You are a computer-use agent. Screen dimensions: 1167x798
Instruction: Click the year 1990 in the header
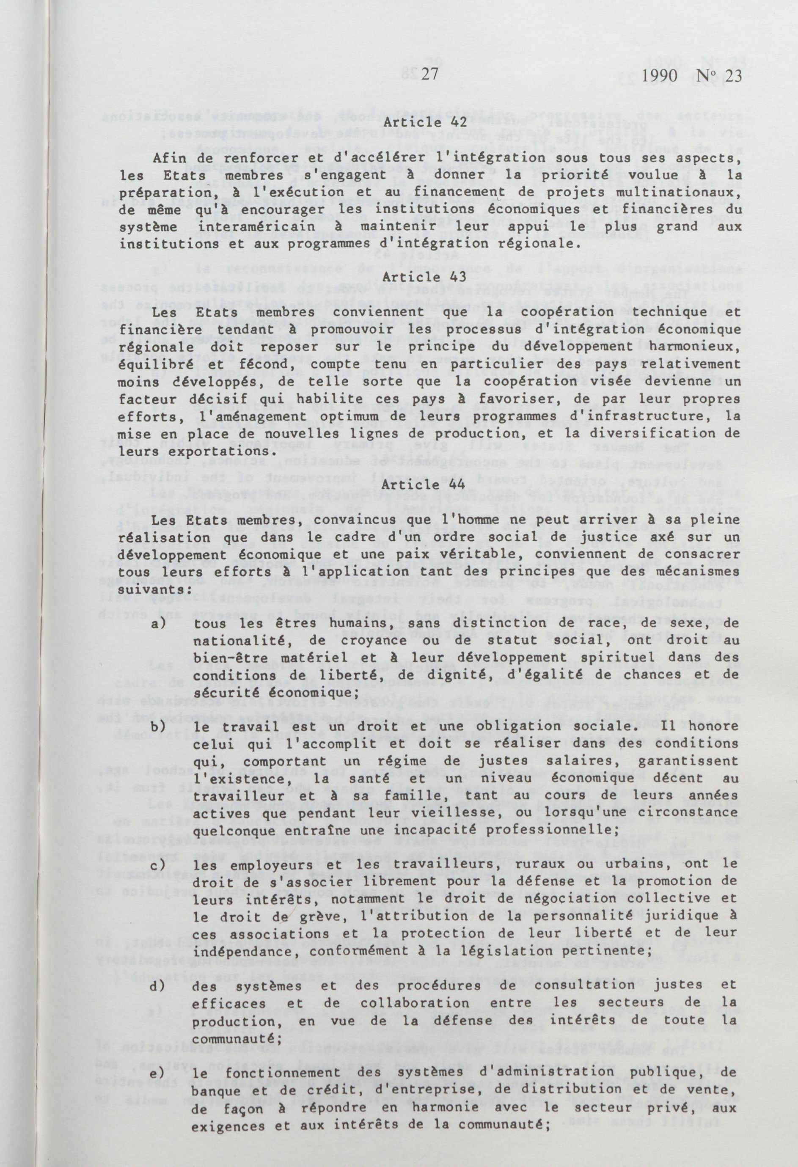(x=647, y=76)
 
